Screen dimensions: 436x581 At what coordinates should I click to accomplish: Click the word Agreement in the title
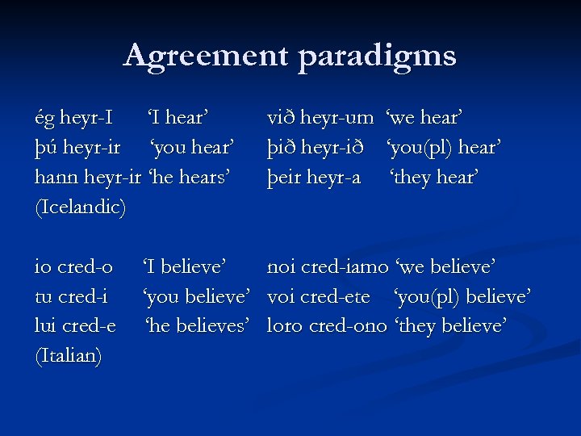pos(206,56)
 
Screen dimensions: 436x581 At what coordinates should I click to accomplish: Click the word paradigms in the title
pos(377,56)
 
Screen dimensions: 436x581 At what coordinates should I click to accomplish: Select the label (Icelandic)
pos(81,208)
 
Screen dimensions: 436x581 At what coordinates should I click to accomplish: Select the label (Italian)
pos(69,356)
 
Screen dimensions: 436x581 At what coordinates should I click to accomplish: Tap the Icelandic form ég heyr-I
pos(73,119)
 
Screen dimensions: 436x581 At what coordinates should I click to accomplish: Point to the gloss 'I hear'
pos(178,119)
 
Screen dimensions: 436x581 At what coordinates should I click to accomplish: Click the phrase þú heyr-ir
pos(77,148)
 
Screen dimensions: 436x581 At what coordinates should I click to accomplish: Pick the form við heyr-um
pos(320,119)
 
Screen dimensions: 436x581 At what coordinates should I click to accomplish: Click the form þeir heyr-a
pos(313,178)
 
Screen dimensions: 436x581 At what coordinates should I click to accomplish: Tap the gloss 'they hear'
pos(434,178)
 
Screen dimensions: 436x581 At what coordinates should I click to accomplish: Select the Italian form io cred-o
pos(73,266)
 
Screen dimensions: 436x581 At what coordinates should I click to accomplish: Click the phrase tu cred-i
pos(72,296)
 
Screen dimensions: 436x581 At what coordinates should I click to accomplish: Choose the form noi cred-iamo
pos(327,266)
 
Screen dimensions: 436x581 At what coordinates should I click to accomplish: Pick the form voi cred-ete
pos(318,296)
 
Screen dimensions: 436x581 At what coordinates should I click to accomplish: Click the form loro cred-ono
pos(327,326)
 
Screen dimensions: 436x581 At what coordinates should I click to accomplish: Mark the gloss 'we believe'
pos(445,266)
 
